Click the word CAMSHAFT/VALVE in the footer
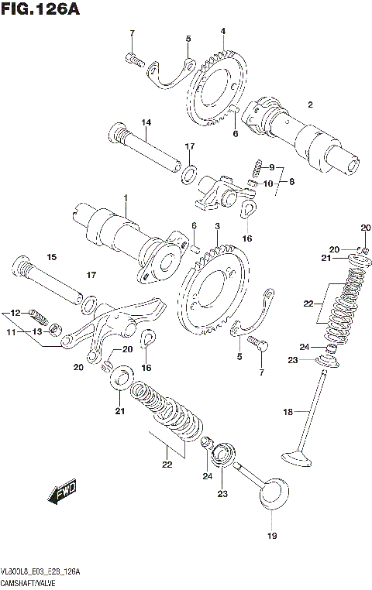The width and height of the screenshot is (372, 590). tap(36, 581)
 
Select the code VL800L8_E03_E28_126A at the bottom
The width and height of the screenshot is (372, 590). tap(43, 571)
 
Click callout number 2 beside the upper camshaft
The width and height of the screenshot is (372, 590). tap(309, 105)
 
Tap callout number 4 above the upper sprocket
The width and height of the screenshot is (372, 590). tap(222, 31)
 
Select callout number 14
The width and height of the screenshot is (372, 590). tap(145, 122)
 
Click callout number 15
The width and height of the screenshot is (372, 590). tap(52, 257)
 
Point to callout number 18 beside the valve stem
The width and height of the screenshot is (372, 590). tap(288, 413)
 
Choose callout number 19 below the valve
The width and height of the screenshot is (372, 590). tap(271, 536)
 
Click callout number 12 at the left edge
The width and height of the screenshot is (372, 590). tap(13, 313)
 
